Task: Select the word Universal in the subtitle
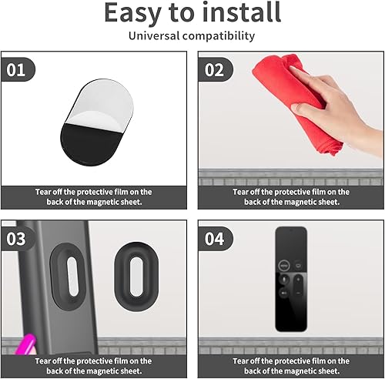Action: pyautogui.click(x=154, y=35)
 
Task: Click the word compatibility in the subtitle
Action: pyautogui.click(x=219, y=36)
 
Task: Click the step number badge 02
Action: pyautogui.click(x=215, y=69)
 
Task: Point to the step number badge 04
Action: pyautogui.click(x=215, y=239)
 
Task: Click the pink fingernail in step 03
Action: pyautogui.click(x=25, y=344)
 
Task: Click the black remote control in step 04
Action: pyautogui.click(x=291, y=279)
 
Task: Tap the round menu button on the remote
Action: pyautogui.click(x=284, y=265)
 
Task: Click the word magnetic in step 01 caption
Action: pyautogui.click(x=102, y=202)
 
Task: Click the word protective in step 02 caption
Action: pyautogui.click(x=293, y=192)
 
